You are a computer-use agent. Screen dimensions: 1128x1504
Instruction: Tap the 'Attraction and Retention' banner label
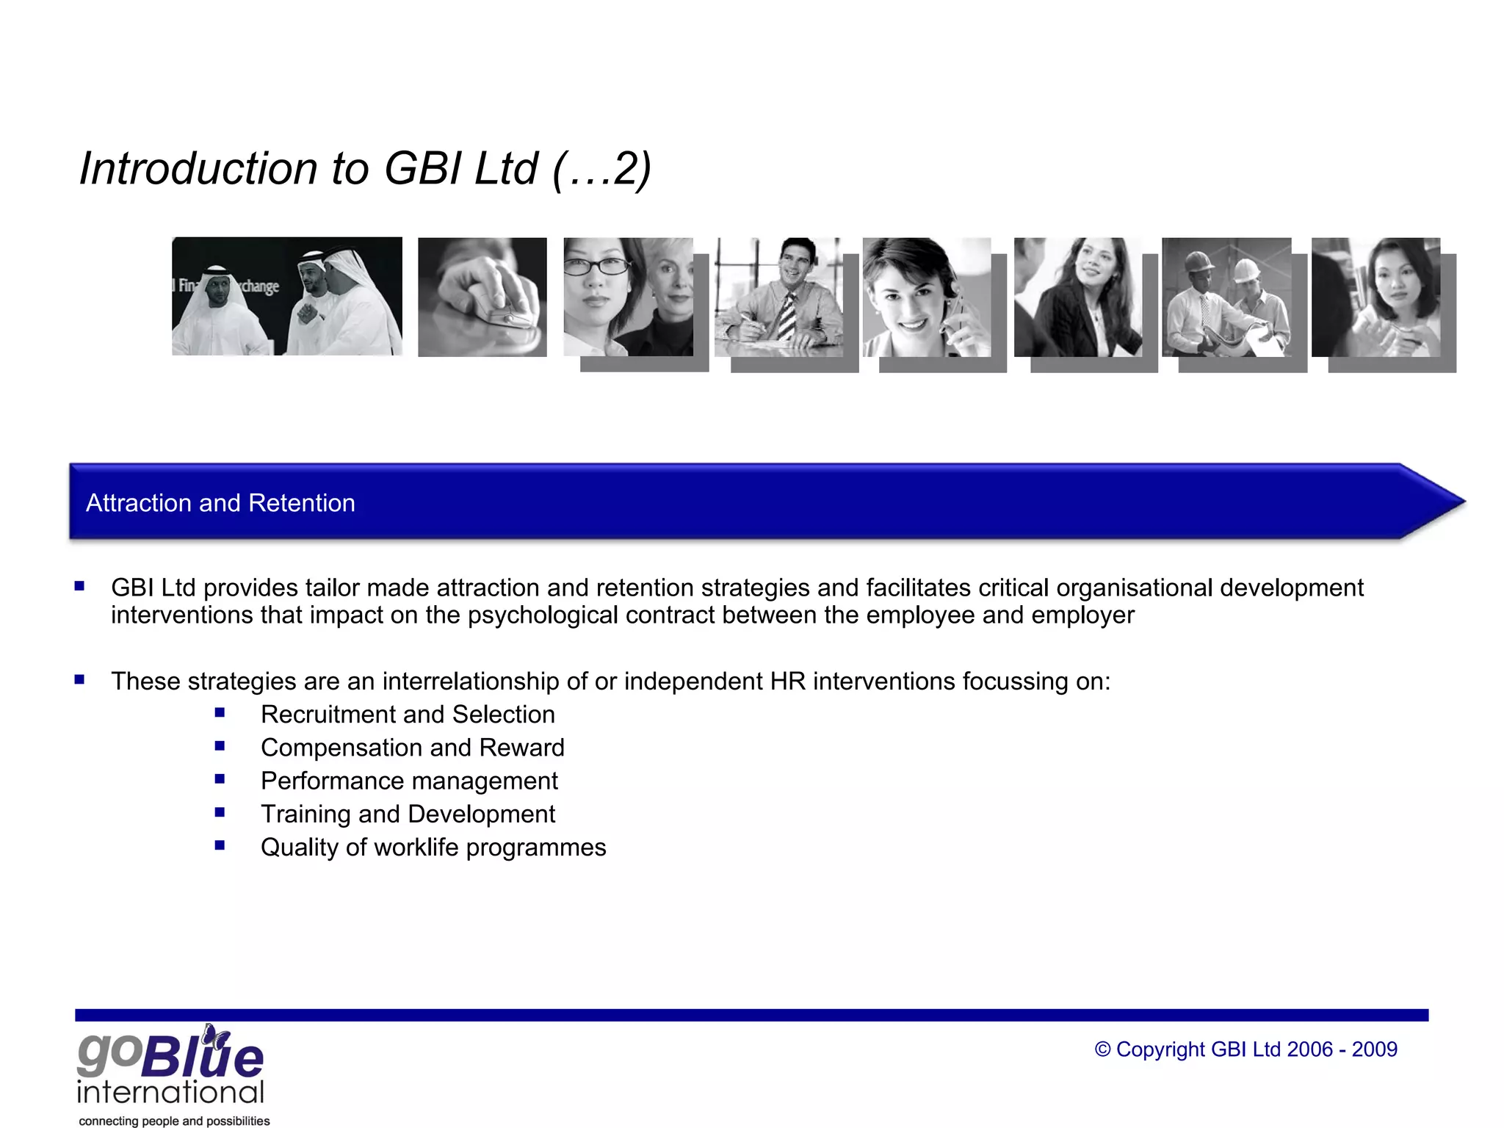click(220, 503)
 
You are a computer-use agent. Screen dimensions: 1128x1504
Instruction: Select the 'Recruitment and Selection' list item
click(408, 715)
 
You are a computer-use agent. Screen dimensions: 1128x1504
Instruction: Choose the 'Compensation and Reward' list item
click(412, 748)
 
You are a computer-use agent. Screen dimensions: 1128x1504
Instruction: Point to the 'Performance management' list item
click(409, 781)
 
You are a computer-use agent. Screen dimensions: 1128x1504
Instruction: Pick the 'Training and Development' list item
click(408, 814)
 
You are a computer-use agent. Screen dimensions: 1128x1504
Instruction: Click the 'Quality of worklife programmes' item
click(433, 847)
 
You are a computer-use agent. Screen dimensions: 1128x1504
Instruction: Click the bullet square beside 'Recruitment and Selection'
click(220, 712)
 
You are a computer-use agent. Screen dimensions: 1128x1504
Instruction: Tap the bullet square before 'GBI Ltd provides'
click(79, 586)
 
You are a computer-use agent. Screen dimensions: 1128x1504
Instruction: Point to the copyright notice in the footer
click(1245, 1049)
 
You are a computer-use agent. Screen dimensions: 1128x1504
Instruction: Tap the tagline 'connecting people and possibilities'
click(174, 1121)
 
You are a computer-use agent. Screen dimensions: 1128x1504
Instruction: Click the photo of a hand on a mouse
click(482, 297)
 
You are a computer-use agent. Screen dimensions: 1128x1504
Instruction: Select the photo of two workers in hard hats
click(1226, 297)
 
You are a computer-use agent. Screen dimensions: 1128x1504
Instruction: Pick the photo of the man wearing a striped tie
click(778, 297)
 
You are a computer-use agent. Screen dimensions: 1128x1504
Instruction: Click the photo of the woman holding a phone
click(927, 297)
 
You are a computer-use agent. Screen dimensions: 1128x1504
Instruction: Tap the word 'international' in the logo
click(170, 1092)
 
